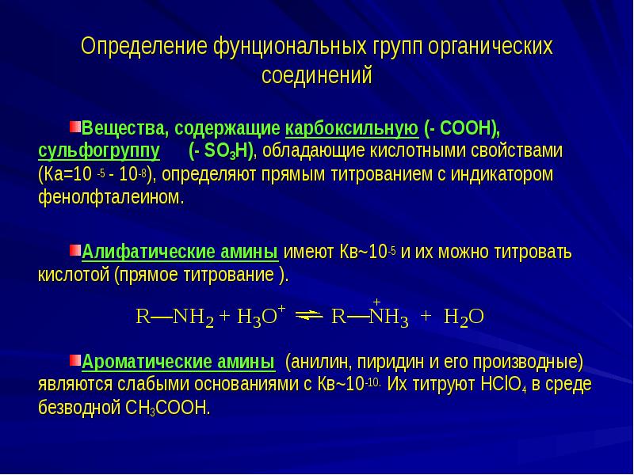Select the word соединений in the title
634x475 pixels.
316,76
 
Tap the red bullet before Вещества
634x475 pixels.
74,127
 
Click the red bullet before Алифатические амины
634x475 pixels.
74,251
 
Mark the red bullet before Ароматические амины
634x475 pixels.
74,361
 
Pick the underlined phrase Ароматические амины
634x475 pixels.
179,363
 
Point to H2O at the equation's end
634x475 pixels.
464,317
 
